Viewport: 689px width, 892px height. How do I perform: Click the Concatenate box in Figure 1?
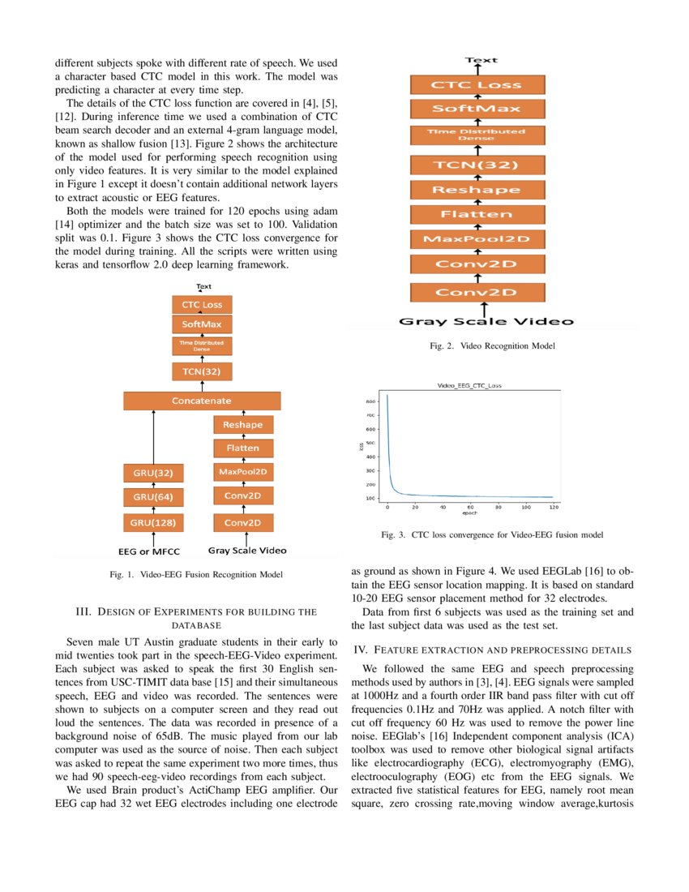pos(202,401)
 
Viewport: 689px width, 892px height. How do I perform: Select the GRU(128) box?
pos(153,521)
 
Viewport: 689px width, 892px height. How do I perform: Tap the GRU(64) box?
pos(153,496)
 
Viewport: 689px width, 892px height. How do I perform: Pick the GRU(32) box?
pos(153,472)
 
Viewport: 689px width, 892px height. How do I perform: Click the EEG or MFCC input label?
pos(153,551)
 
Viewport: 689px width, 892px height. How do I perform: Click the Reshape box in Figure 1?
pos(244,425)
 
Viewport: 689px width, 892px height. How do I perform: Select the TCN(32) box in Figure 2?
pos(477,165)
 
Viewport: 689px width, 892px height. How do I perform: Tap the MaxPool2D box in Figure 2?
pos(477,239)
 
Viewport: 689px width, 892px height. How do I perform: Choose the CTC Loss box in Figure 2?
pos(477,84)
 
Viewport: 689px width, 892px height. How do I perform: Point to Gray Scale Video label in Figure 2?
pos(486,321)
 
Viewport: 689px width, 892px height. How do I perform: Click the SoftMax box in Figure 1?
pos(202,324)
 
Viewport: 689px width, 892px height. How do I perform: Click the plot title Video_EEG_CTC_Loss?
pos(469,386)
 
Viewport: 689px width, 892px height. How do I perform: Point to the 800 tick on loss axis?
pos(370,401)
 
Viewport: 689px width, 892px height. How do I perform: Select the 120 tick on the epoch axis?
pos(553,507)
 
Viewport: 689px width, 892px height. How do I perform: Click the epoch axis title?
pos(469,513)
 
